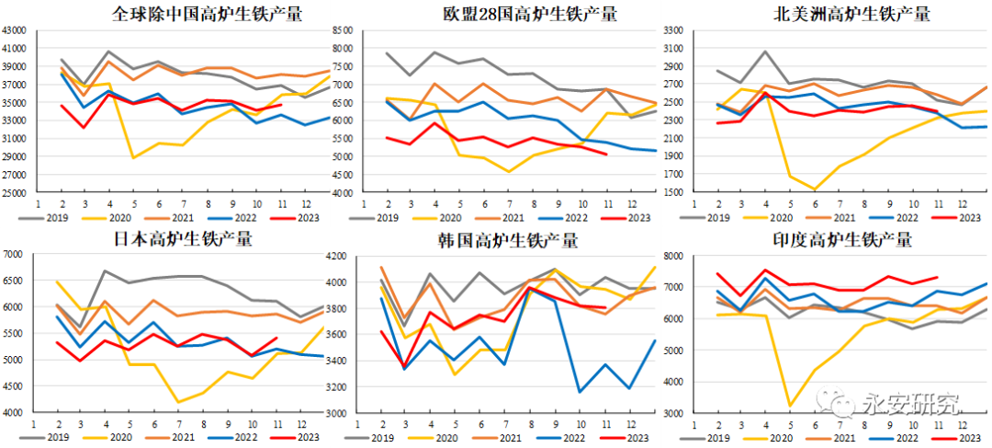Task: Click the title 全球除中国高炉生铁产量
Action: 208,14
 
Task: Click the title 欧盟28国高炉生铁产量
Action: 530,14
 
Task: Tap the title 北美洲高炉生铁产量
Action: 852,14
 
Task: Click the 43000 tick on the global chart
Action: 16,29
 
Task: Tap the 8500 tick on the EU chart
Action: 344,29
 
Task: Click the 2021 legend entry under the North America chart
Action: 837,218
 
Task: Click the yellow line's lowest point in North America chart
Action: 813,190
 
